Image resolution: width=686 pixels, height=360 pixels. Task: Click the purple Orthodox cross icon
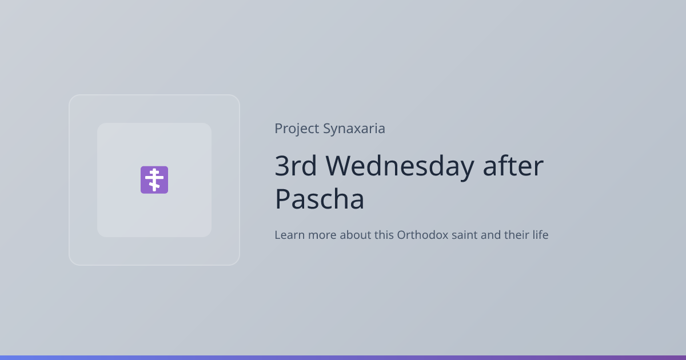coord(154,179)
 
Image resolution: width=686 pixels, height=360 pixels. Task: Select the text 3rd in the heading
coord(296,166)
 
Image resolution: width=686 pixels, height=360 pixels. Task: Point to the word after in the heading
coord(513,165)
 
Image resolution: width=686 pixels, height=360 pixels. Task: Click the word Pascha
coord(320,199)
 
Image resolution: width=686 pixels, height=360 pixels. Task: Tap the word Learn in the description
coord(289,235)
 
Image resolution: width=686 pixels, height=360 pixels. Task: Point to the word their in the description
coord(516,235)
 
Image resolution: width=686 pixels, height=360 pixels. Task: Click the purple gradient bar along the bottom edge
coord(343,358)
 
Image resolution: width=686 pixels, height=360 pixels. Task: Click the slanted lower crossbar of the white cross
coord(154,185)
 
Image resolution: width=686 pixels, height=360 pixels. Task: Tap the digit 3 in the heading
coord(282,166)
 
